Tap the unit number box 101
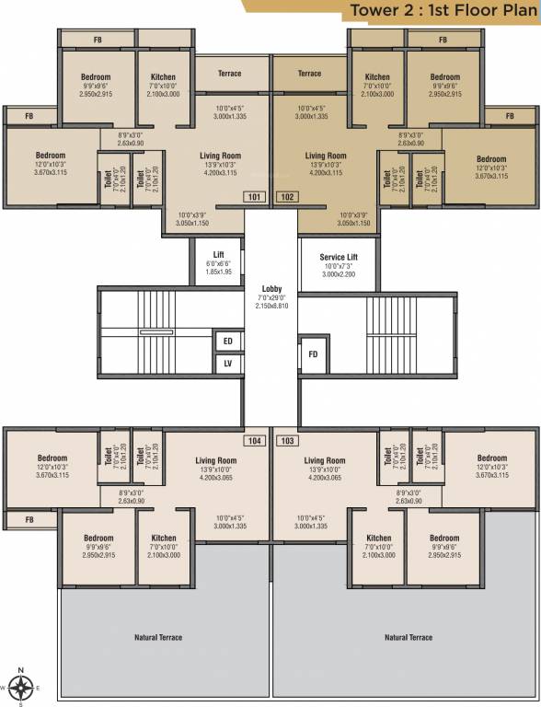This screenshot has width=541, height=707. point(254,196)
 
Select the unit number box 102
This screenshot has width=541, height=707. point(287,196)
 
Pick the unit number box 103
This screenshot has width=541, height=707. point(287,441)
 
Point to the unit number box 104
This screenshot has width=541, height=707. point(254,441)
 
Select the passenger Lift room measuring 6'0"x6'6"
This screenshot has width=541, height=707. point(219,262)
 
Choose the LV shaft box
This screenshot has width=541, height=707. point(227,365)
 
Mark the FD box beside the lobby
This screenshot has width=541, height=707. point(313,353)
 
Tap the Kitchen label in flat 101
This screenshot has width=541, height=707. point(163,77)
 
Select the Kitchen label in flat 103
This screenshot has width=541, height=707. point(378,539)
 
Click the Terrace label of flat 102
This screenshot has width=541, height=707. point(310,74)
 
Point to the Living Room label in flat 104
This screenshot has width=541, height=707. point(216,460)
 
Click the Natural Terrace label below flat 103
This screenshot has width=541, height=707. point(406,637)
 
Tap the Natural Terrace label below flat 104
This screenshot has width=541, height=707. point(160,637)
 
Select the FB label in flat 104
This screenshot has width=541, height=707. point(29,521)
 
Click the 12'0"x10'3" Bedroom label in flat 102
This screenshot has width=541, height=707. point(491,159)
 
